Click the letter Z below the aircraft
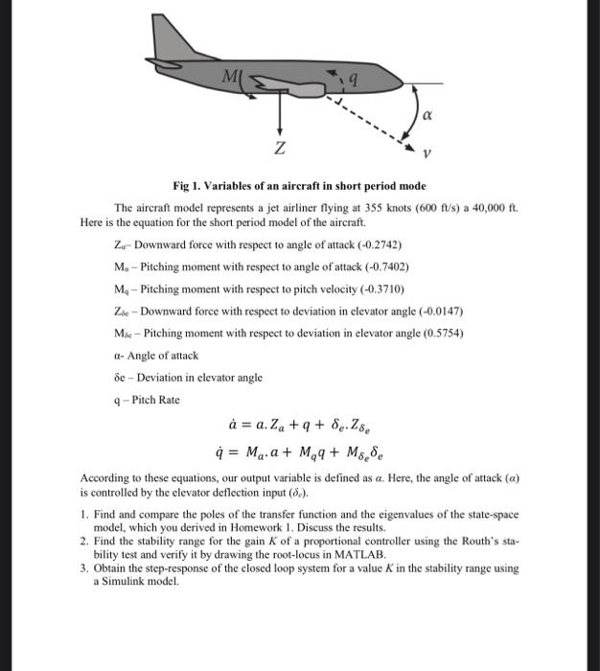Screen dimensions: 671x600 tap(279, 150)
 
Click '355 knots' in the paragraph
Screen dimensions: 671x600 tap(366, 208)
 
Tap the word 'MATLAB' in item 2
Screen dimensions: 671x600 tap(361, 554)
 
